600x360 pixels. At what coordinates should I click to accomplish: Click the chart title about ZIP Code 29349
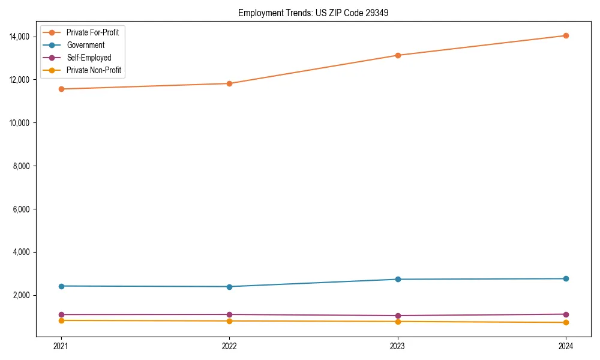(313, 13)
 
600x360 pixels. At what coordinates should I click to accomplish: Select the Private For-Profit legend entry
(92, 32)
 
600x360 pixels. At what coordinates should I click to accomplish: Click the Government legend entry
(85, 45)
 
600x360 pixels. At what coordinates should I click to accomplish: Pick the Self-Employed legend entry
(89, 58)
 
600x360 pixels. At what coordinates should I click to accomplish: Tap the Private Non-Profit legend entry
(94, 70)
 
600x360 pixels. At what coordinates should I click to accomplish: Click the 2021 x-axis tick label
(60, 346)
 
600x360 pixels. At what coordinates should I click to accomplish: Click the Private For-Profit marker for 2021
(60, 89)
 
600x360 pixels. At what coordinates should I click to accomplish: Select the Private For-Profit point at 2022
(229, 83)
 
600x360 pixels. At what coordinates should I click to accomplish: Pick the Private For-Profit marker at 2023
(398, 55)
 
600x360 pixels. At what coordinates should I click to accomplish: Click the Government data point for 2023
(398, 279)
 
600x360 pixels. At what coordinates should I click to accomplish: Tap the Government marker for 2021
(60, 286)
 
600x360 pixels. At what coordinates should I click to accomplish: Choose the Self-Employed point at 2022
(229, 314)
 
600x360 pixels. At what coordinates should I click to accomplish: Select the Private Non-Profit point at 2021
(60, 320)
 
